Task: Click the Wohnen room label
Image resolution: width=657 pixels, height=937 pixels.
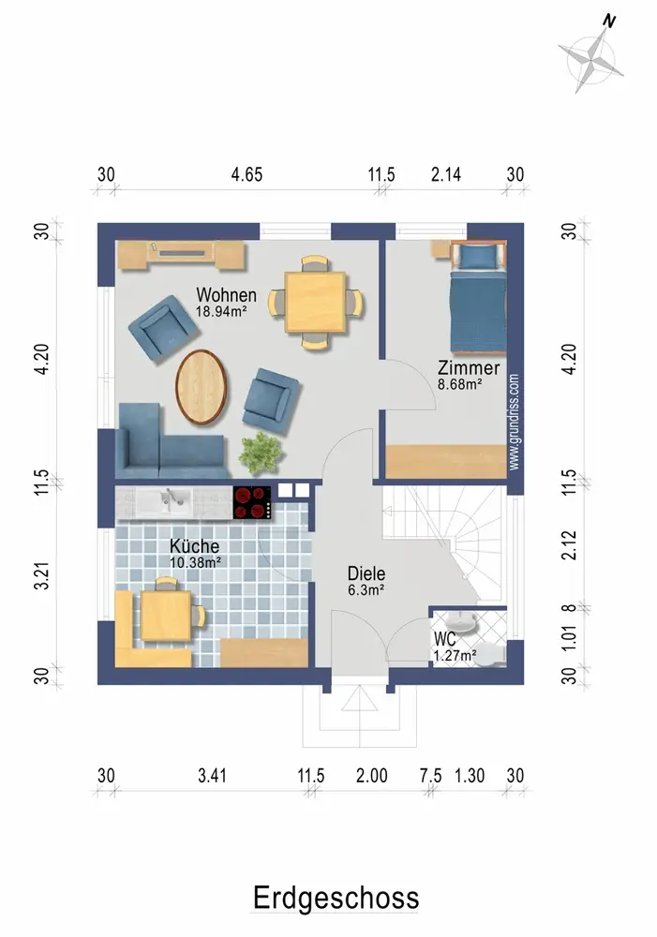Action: click(227, 294)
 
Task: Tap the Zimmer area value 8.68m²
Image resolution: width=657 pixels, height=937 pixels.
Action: click(460, 384)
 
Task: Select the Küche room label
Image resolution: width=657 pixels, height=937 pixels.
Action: click(194, 545)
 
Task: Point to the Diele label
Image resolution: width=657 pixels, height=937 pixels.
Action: click(366, 573)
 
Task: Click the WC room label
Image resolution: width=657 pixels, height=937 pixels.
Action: click(444, 639)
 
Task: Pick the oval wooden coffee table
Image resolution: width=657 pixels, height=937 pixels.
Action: click(202, 387)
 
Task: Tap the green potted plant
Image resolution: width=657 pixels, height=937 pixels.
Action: click(261, 453)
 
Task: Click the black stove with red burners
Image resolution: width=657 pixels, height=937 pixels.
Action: click(252, 502)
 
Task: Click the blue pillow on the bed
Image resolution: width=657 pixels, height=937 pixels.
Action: click(478, 256)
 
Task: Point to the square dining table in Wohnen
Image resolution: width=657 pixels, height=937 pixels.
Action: click(315, 302)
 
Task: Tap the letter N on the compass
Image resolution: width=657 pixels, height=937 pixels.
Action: click(609, 22)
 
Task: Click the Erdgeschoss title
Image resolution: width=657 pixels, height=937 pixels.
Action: click(336, 899)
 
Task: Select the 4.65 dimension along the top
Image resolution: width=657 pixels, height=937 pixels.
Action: click(246, 174)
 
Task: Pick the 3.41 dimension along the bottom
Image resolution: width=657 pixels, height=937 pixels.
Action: click(212, 776)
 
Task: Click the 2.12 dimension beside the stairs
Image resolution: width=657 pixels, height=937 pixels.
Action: click(570, 545)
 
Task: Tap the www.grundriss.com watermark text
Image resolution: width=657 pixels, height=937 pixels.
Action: click(515, 422)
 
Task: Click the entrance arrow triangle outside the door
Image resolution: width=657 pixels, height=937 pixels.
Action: click(359, 698)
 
